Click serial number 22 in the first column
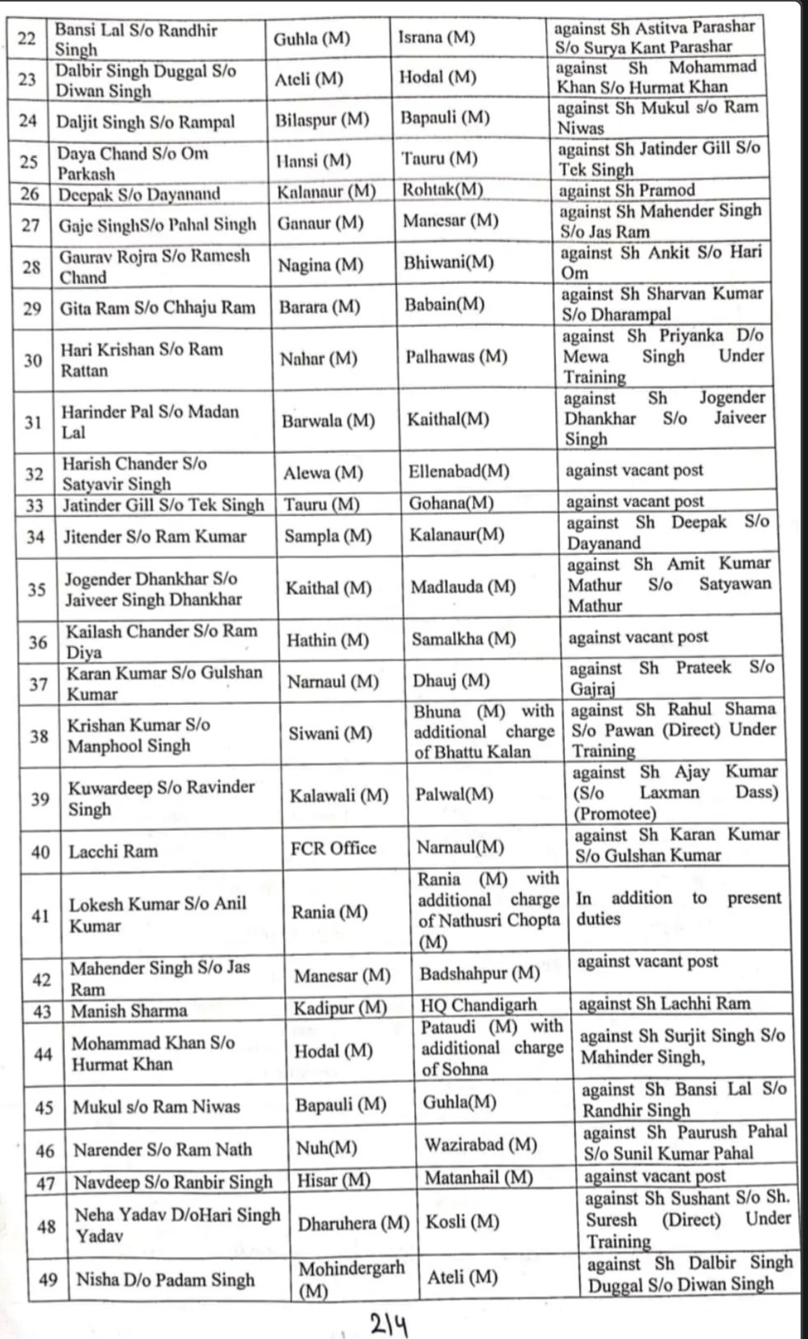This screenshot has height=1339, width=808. (27, 38)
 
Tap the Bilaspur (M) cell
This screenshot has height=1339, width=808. (322, 119)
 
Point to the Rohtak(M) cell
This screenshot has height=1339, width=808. (442, 189)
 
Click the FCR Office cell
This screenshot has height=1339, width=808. (333, 848)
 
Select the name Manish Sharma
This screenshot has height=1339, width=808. (129, 1010)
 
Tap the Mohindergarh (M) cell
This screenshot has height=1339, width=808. (351, 1278)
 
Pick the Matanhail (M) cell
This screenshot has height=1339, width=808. (479, 1178)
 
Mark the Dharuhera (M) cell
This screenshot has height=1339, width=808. (353, 1224)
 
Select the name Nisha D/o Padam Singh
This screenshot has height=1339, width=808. (166, 1280)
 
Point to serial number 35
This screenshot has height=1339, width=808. (36, 590)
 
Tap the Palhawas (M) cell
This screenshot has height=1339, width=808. (456, 357)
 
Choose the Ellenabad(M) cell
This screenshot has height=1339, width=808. (459, 473)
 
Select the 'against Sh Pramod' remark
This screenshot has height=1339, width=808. (627, 190)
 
